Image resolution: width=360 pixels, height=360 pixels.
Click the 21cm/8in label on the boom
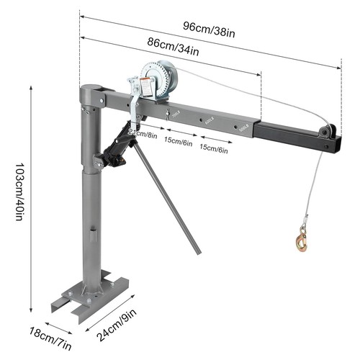point(142,134)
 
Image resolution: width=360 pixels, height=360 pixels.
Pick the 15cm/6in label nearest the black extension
point(214,150)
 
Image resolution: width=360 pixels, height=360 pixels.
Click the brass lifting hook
point(300,238)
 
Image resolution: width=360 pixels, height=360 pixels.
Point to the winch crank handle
point(134,101)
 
